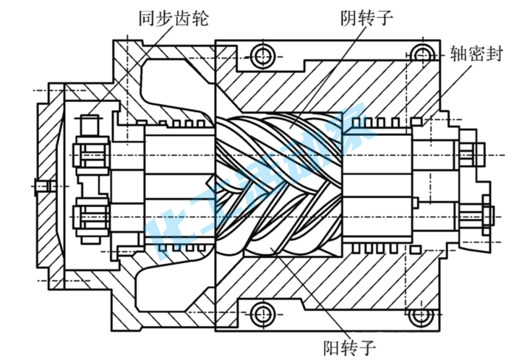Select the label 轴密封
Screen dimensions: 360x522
point(476,53)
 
